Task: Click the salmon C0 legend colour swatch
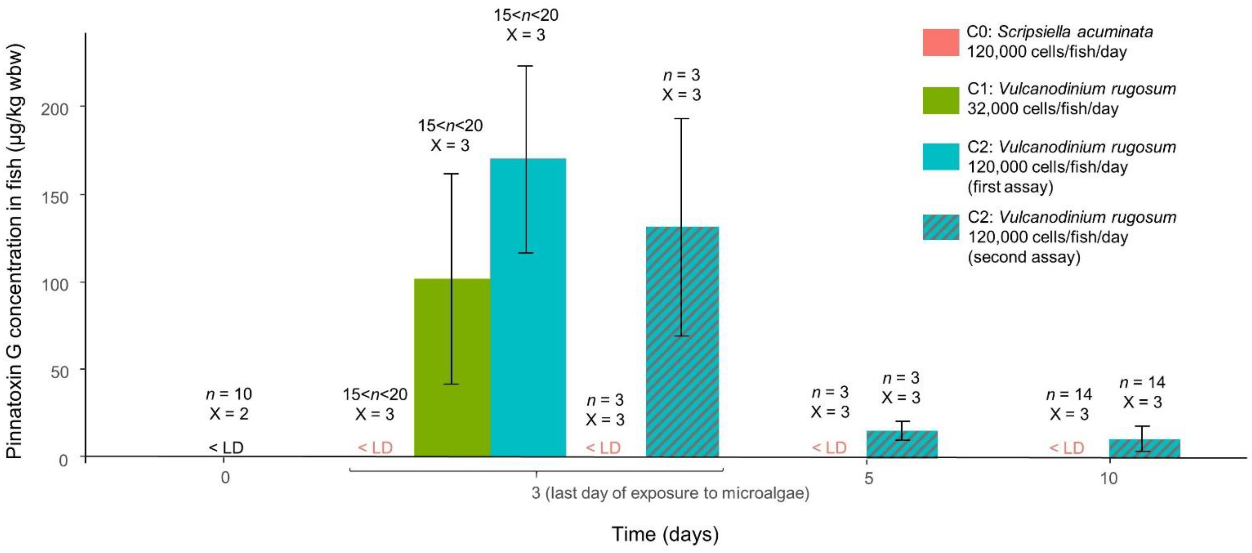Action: (940, 42)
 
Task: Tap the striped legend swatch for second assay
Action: (940, 227)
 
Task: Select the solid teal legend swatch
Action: (940, 157)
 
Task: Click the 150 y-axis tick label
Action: (54, 197)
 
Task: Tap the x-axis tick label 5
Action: (868, 478)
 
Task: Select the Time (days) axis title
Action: (664, 534)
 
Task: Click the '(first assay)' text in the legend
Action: (1010, 187)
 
